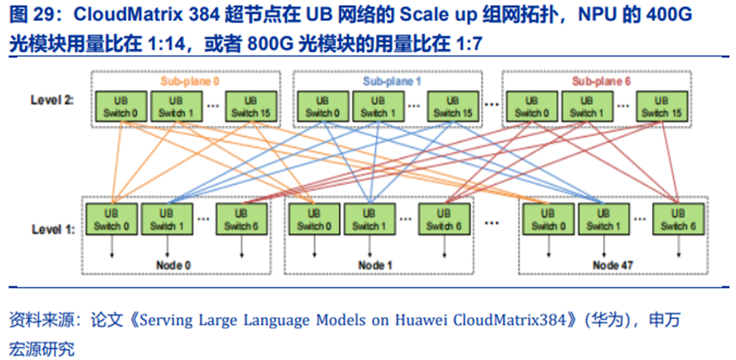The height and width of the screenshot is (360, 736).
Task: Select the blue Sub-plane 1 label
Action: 391,80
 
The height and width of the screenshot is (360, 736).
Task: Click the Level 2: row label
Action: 52,101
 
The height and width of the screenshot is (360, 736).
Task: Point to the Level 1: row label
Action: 53,231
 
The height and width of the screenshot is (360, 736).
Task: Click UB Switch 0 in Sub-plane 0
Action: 121,107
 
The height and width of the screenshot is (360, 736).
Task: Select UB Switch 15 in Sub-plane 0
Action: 251,107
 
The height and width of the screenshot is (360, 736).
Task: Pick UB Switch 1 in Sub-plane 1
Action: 377,107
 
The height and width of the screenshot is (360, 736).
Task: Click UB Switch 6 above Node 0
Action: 241,220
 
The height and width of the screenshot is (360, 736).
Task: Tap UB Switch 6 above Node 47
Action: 677,220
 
